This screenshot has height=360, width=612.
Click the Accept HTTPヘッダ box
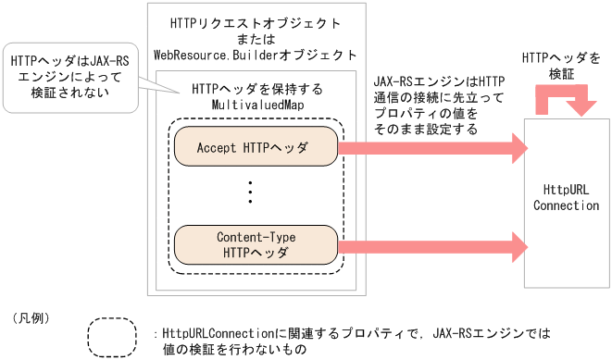coord(253,147)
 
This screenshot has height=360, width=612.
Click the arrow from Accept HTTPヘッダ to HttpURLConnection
coord(431,146)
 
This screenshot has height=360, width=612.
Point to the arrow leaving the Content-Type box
coord(431,244)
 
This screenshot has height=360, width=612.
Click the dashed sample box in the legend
coord(119,337)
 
